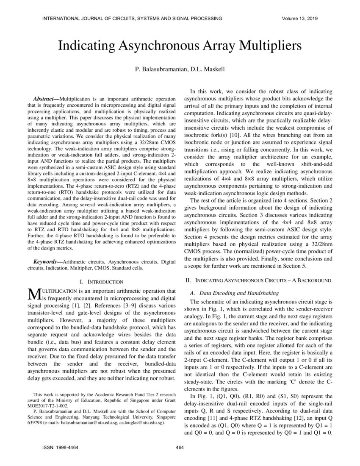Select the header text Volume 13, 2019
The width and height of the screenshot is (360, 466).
[x=299, y=18]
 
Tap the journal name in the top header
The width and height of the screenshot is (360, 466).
[x=132, y=18]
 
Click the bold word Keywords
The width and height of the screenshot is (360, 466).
[x=46, y=262]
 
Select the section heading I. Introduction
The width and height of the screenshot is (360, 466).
[x=101, y=282]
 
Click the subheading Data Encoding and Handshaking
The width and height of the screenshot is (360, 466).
[x=239, y=293]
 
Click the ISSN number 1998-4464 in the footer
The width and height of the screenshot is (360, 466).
[x=66, y=447]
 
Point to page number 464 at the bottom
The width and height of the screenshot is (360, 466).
[x=180, y=447]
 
